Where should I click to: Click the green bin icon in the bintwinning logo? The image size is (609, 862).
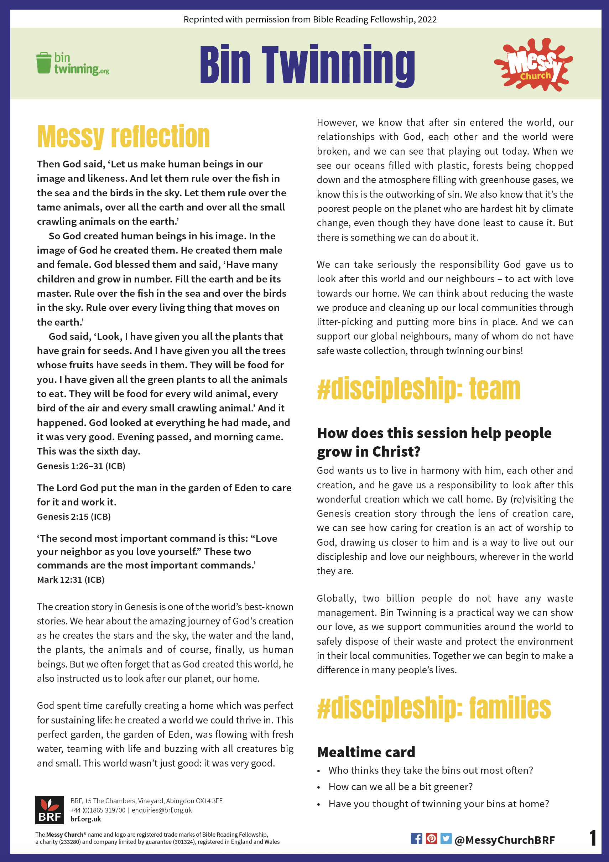pos(43,63)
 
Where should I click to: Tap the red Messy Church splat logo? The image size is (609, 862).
pos(533,64)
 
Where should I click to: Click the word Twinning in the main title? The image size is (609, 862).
pos(338,64)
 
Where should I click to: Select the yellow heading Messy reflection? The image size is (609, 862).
pos(123,137)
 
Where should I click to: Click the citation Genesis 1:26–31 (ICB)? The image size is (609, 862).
pos(81,466)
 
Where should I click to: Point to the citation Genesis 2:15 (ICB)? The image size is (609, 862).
pos(74,516)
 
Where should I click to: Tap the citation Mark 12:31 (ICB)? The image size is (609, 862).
pos(71,580)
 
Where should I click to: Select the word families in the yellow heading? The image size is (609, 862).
pos(510,708)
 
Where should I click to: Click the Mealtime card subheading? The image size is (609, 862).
pos(366,752)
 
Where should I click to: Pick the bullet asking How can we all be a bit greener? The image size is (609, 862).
pos(400,786)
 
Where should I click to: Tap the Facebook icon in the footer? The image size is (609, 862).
pos(416,838)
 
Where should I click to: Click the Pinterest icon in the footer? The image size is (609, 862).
pos(431,838)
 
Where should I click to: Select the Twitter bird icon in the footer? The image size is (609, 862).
pos(446,838)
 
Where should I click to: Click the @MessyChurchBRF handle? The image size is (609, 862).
pos(504,840)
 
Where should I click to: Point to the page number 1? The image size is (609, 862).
pos(593,838)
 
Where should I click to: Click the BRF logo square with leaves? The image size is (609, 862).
pos(50,810)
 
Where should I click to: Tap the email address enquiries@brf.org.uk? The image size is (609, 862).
pos(161,810)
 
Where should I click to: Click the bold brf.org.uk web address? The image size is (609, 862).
pos(85,819)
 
